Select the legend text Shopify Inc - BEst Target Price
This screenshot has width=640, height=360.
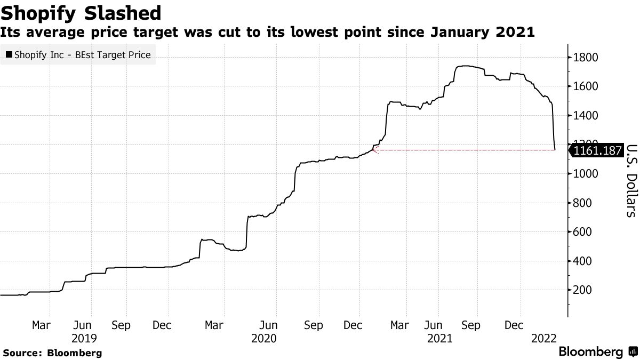(82, 54)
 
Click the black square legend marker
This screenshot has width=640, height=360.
(9, 54)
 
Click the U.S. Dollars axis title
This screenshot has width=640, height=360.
(630, 180)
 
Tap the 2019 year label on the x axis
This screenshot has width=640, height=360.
(84, 338)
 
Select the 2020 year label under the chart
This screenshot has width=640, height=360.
(263, 338)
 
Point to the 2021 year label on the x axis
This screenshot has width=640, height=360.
(440, 338)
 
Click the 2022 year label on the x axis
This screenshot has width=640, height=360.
(545, 338)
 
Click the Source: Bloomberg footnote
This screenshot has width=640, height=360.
(52, 353)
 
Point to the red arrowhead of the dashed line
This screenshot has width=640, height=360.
(374, 150)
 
